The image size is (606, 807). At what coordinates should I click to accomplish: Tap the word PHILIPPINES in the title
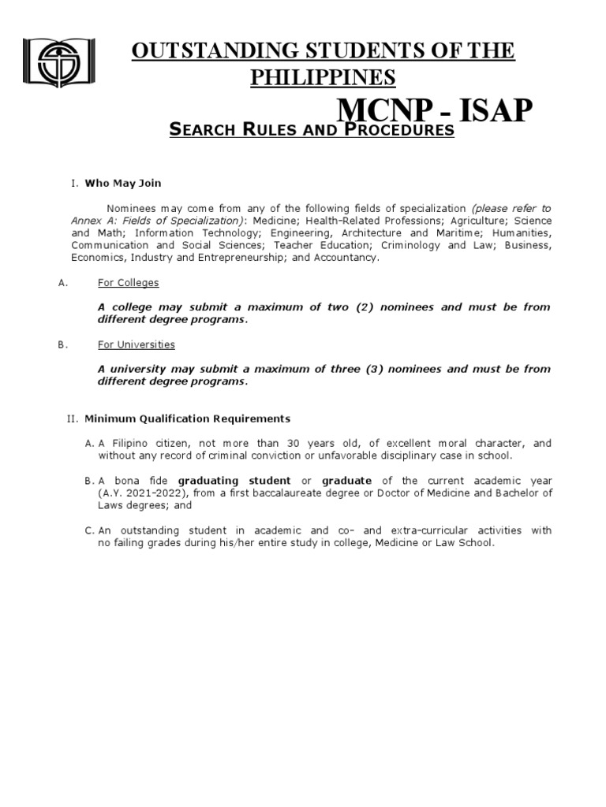tap(323, 77)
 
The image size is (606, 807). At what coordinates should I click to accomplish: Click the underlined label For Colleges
tap(129, 282)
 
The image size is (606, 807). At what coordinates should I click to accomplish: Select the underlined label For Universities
tap(137, 344)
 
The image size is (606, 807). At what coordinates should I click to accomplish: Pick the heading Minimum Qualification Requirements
tap(187, 418)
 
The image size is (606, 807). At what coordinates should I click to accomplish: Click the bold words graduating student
tap(234, 481)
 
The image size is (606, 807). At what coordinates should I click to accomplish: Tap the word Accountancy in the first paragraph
tap(346, 257)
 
